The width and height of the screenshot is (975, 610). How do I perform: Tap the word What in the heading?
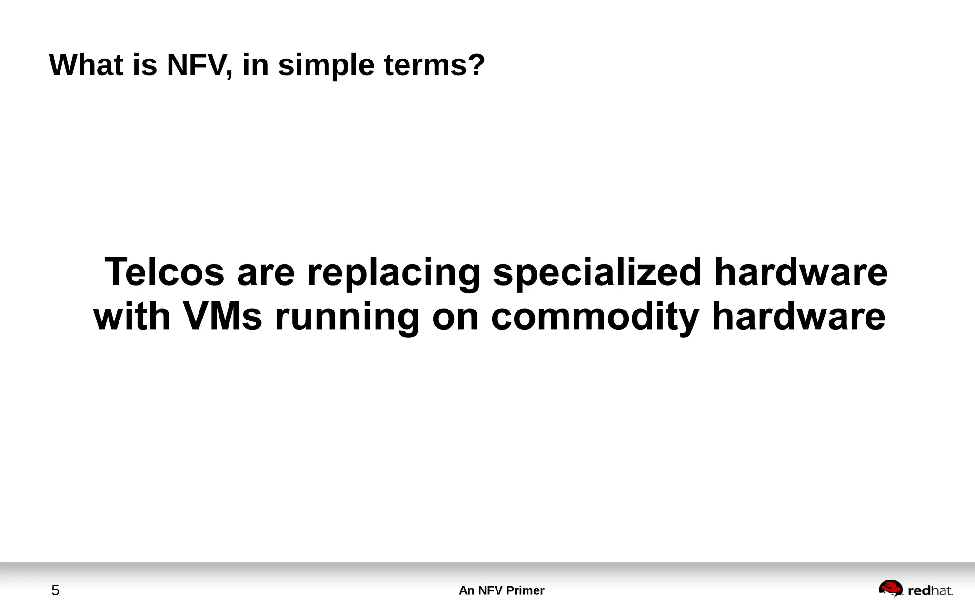coord(86,65)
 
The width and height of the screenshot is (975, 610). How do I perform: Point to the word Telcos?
coord(164,272)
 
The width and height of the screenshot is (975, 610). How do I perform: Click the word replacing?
coord(393,273)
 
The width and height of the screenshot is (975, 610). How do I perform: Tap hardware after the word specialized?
coord(801,272)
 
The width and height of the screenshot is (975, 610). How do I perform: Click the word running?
coord(347,317)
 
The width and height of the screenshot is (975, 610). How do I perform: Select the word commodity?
coord(595,317)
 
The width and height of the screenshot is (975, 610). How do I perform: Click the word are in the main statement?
coord(266,273)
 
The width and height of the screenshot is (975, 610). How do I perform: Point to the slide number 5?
coord(55,590)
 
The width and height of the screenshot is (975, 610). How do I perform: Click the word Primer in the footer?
coord(525,590)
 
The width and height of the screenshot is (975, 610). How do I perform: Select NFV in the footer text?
coord(490,590)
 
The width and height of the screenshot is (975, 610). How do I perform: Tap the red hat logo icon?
coord(890,588)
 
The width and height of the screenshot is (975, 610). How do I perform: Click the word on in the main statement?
coord(455,317)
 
